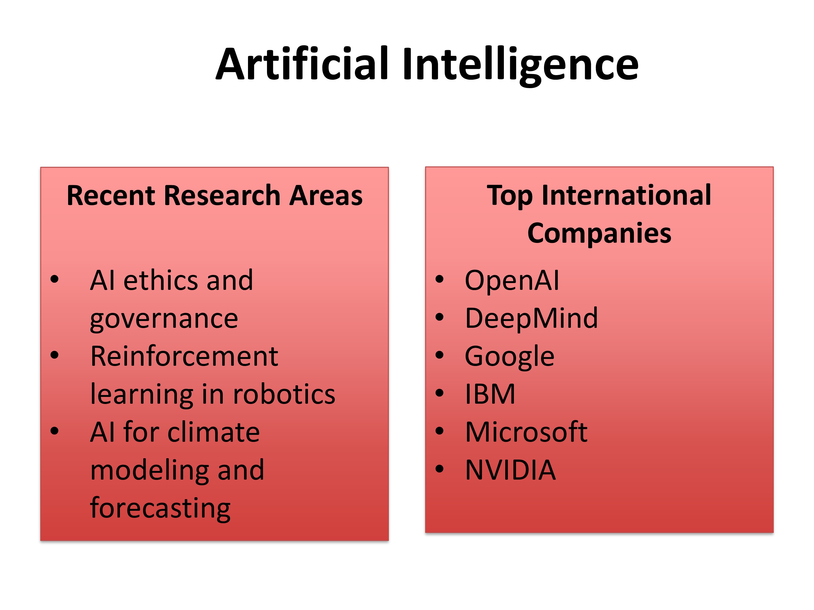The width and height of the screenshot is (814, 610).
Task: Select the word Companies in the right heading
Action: pos(599,234)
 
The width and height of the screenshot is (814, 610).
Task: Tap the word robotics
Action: pos(284,394)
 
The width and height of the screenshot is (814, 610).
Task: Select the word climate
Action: pos(214,432)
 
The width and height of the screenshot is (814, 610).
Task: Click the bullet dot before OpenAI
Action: pos(439,279)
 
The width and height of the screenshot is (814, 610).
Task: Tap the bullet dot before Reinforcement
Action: pos(55,355)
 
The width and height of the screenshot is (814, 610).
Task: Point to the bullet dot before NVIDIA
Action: pos(439,469)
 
